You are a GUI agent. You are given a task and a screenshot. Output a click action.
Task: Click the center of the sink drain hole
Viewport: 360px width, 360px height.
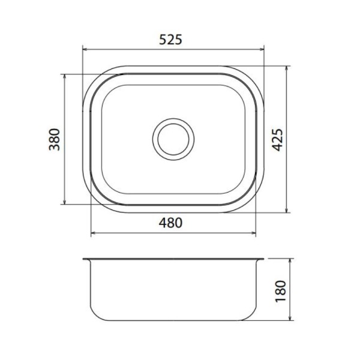pos(173,139)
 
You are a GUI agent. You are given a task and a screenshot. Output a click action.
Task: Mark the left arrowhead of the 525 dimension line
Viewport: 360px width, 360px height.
pos(84,50)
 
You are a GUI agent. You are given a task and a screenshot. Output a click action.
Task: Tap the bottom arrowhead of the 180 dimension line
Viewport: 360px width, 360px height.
pos(291,319)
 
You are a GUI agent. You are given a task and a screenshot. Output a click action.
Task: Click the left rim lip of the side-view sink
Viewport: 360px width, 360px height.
pos(86,260)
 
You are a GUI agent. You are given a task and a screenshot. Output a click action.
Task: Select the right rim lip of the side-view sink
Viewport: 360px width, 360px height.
pos(260,260)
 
